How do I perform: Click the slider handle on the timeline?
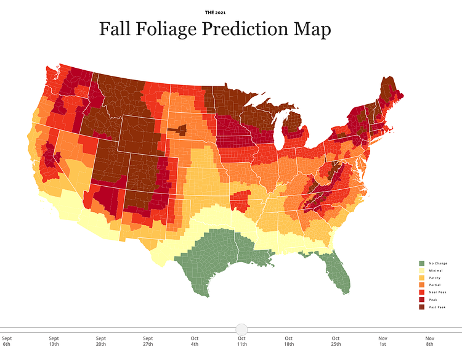pyautogui.click(x=241, y=330)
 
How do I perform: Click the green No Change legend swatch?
pyautogui.click(x=421, y=263)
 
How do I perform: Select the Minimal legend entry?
pyautogui.click(x=435, y=271)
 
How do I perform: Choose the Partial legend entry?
pyautogui.click(x=434, y=285)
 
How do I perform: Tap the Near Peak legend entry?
pyautogui.click(x=437, y=293)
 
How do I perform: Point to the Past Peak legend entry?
pyautogui.click(x=437, y=307)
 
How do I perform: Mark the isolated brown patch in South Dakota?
pyautogui.click(x=178, y=130)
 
